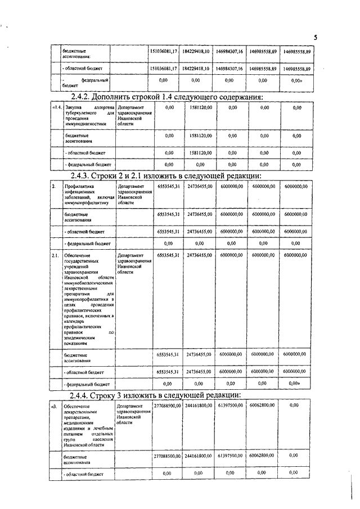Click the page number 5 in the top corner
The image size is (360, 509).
coord(316,37)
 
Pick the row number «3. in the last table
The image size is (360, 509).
coord(55,405)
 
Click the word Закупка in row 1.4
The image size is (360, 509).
coord(74,107)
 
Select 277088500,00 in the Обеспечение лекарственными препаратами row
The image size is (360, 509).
coord(168,405)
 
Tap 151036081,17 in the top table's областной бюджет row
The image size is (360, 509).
coord(164,67)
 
